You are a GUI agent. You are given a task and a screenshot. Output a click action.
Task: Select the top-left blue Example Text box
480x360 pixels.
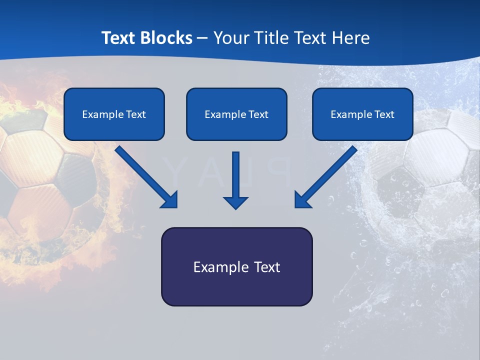point(114,114)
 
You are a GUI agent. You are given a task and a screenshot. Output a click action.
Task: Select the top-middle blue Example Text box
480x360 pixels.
point(236,114)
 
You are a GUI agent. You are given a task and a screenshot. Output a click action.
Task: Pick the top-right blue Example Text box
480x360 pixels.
point(362,114)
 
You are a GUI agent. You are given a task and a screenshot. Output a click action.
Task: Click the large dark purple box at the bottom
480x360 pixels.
point(236,266)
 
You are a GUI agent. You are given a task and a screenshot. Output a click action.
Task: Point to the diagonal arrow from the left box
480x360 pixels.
point(145,175)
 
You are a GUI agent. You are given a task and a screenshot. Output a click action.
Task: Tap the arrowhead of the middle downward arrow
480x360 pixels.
point(236,201)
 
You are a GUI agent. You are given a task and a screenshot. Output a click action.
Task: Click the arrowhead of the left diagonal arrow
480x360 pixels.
point(170,199)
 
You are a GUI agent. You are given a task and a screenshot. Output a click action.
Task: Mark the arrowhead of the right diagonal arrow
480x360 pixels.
point(302,199)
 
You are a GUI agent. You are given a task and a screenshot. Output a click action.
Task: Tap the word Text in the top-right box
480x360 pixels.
point(383,114)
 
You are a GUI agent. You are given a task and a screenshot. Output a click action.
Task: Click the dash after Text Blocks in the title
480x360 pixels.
point(202,38)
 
